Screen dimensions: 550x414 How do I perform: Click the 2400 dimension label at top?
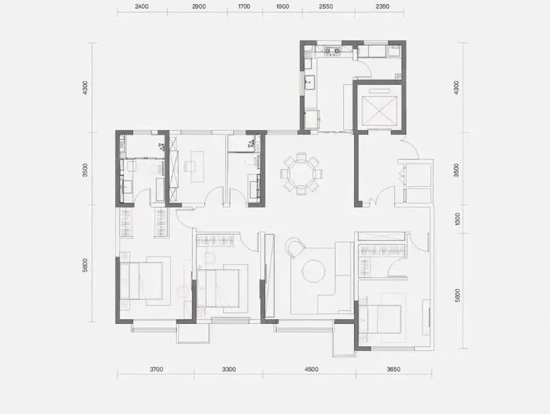[141, 7]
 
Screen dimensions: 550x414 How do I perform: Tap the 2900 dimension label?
[199, 7]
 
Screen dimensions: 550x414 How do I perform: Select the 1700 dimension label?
[243, 7]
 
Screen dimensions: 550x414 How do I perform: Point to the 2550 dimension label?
[326, 7]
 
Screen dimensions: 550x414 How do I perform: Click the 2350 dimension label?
[382, 7]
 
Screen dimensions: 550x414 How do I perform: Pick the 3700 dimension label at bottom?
[157, 369]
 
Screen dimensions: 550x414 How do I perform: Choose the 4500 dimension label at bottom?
[311, 369]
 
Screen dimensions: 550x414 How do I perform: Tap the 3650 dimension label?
[393, 369]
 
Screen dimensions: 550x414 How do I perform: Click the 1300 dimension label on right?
[456, 219]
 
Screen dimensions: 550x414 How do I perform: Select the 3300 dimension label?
[229, 369]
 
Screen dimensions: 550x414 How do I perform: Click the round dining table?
[301, 174]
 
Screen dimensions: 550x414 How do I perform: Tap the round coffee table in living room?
[313, 271]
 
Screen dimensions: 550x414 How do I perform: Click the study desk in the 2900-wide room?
[197, 167]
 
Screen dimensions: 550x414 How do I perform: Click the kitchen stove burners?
[332, 52]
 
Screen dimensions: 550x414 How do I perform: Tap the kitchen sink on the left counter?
[310, 83]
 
